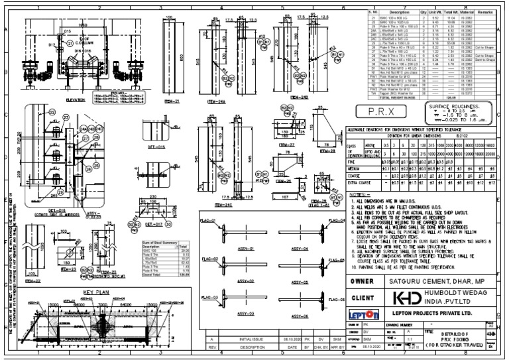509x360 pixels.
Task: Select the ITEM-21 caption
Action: pos(172,99)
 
